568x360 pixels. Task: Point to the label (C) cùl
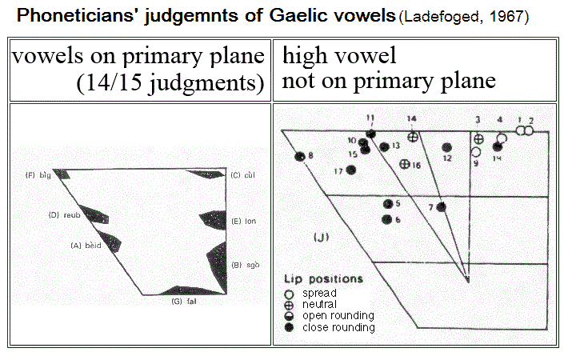(242, 174)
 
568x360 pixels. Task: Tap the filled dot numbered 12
(446, 147)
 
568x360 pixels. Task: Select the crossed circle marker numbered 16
(405, 164)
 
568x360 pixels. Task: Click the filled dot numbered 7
(441, 207)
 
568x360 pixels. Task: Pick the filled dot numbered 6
(388, 218)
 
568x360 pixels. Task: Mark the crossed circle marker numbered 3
(478, 138)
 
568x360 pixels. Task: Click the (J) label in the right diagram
(320, 238)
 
